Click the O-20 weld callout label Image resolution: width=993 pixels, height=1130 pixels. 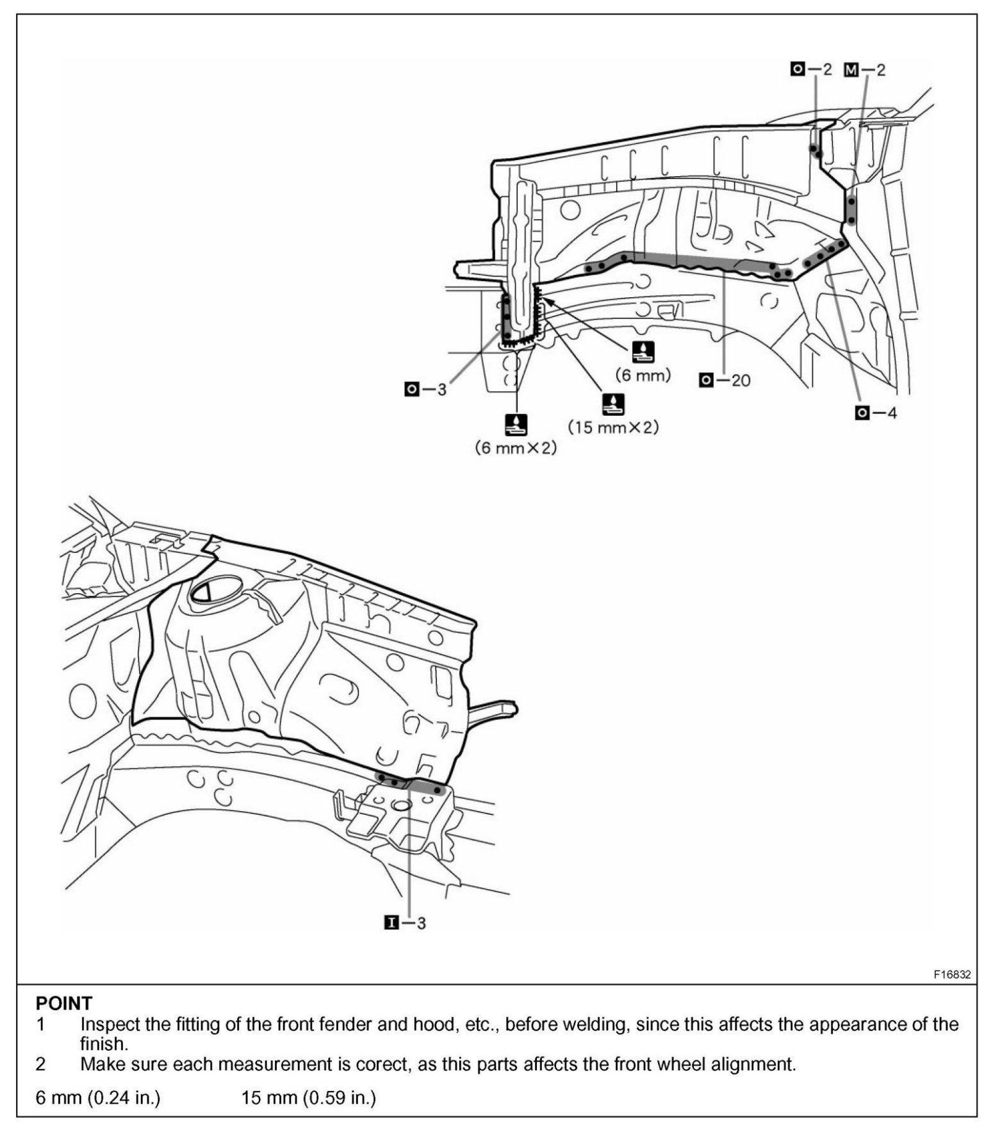coord(725,381)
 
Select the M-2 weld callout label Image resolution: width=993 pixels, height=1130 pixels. coord(864,70)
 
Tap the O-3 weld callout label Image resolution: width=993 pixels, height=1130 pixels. coord(425,389)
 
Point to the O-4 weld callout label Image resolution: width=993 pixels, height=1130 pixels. coord(876,413)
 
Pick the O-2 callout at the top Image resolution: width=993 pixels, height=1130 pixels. coord(810,69)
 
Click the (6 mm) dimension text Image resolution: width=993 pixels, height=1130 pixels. coord(643,375)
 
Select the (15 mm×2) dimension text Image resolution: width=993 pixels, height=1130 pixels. coord(613,427)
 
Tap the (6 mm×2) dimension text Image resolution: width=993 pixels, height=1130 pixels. coord(516,448)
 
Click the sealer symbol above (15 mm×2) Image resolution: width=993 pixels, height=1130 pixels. coord(613,404)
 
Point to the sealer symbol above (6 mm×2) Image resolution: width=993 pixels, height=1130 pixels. coord(516,423)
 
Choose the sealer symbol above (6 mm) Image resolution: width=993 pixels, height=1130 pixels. coord(643,352)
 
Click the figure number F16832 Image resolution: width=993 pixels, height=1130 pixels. coord(951,974)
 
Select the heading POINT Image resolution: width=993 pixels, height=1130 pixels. coord(64,1003)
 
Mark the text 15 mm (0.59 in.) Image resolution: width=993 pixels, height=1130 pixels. coord(308,1097)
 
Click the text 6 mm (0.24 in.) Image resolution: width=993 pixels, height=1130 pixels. coord(98,1097)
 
